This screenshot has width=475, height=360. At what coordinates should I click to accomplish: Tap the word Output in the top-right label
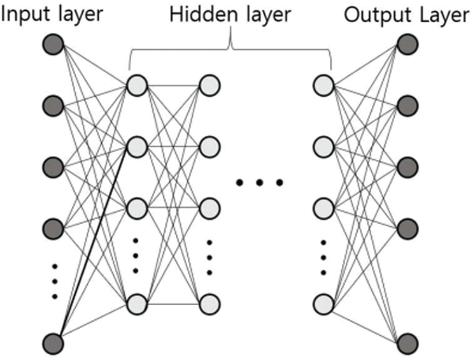372,14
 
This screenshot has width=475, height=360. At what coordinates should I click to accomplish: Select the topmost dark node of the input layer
53,44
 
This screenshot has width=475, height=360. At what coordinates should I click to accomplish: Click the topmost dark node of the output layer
407,44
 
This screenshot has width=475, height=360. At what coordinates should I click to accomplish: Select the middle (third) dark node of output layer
407,166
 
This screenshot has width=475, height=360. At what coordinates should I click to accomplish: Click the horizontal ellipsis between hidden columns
259,184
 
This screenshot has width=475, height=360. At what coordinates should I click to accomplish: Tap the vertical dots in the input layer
54,280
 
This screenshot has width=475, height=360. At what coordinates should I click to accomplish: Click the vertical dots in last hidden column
324,257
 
